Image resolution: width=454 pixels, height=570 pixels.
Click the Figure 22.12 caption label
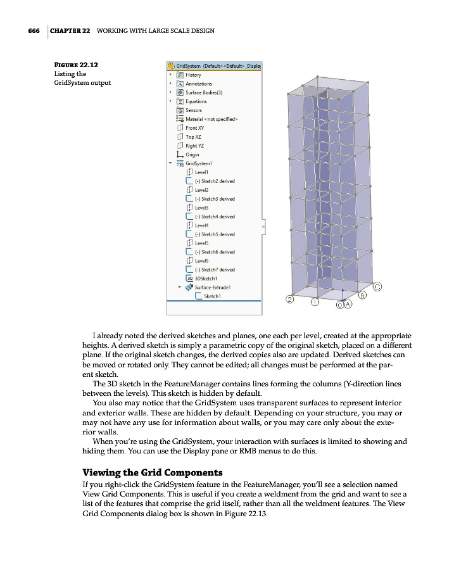click(75, 65)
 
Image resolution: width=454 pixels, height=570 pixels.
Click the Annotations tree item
click(198, 84)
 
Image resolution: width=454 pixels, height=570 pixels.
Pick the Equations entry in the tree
click(196, 101)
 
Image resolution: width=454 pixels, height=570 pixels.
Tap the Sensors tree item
click(194, 110)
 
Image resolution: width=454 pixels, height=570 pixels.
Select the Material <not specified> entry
click(211, 119)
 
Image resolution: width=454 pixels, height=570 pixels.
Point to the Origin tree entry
click(192, 155)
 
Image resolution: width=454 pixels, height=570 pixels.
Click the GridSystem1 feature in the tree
click(200, 163)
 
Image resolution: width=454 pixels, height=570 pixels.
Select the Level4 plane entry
click(202, 225)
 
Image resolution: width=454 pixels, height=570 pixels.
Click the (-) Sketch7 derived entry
click(214, 270)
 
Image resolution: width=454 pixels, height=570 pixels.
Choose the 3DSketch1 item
click(206, 278)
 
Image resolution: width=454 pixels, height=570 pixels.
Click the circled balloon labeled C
click(376, 286)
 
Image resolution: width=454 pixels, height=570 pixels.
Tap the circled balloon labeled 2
click(290, 300)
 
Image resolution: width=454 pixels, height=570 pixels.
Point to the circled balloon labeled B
click(363, 295)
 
